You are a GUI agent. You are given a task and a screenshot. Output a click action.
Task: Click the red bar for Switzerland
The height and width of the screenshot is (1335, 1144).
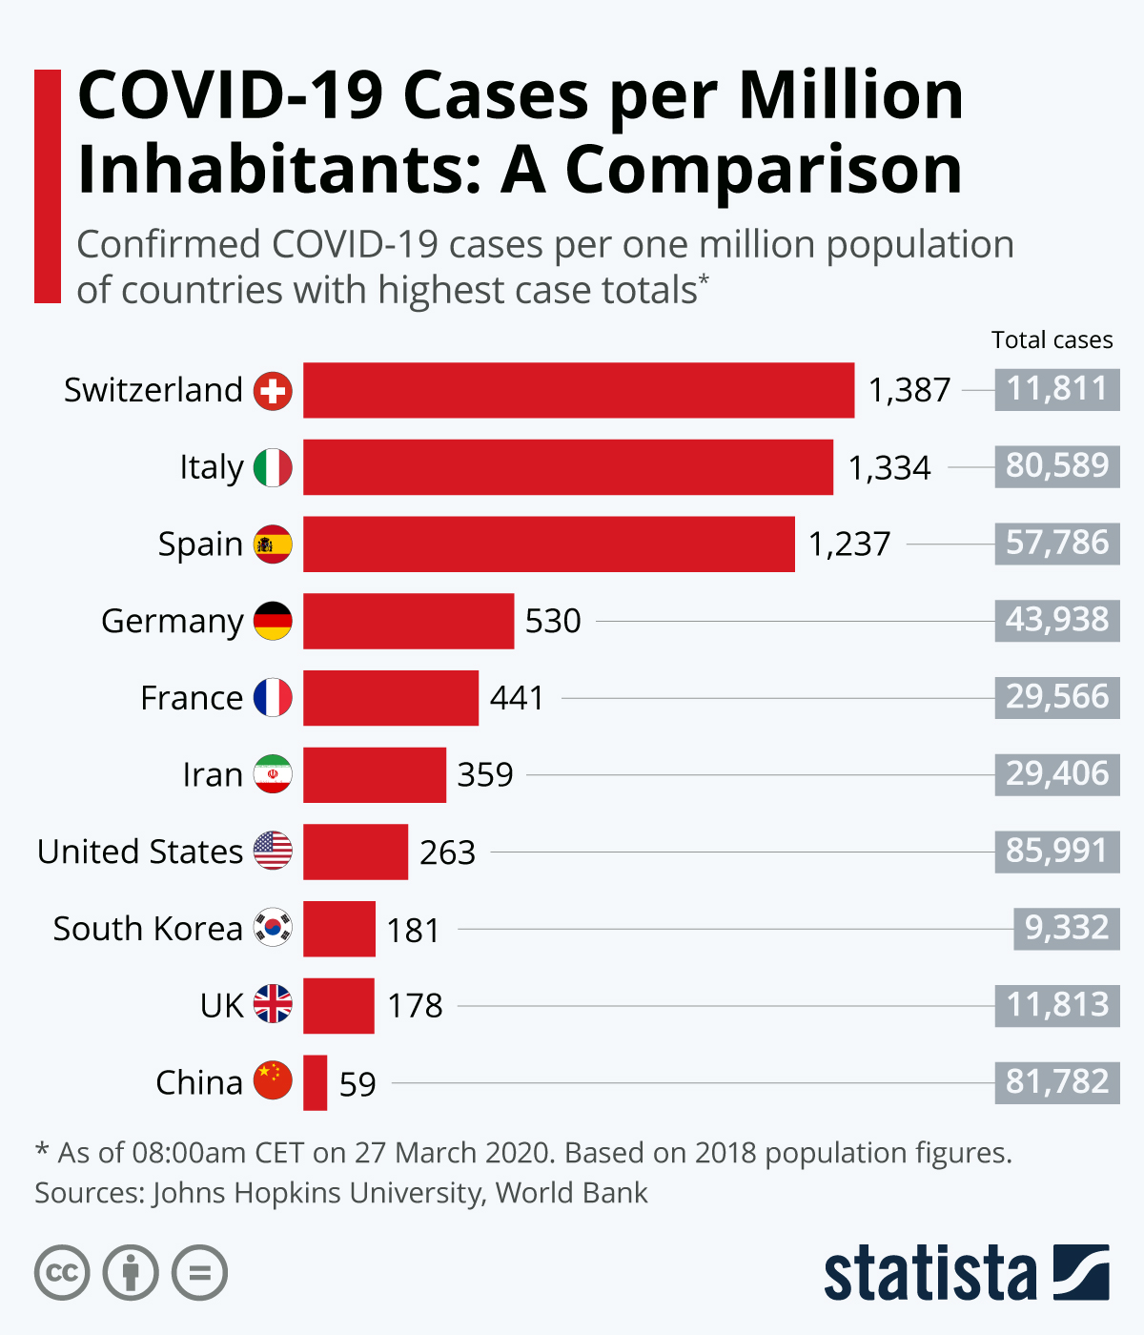[579, 390]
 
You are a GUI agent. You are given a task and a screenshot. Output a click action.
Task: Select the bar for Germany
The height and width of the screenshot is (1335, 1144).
[408, 621]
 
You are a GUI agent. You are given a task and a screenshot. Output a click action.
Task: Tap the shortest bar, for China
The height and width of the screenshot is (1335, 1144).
[315, 1082]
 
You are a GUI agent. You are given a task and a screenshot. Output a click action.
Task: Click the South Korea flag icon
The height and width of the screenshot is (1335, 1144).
[273, 928]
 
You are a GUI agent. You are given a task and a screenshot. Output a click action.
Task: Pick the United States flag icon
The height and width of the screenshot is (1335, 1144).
[273, 851]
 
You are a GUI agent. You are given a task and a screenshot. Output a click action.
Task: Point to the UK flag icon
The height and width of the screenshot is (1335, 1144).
[273, 1004]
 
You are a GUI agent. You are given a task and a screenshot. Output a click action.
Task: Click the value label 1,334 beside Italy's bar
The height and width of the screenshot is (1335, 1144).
[889, 467]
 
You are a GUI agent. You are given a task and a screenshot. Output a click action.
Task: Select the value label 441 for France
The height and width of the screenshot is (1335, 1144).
[517, 698]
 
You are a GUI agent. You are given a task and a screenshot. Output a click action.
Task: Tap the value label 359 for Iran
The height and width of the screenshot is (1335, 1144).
[484, 774]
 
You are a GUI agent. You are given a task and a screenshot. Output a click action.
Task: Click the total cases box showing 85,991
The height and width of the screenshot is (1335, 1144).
[1056, 851]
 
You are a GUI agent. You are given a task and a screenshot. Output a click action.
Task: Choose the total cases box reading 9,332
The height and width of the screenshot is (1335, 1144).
[1066, 928]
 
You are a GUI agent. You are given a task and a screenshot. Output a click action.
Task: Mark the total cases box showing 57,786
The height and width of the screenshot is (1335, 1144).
[1056, 544]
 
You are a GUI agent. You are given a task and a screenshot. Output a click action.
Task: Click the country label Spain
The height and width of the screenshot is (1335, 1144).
[200, 544]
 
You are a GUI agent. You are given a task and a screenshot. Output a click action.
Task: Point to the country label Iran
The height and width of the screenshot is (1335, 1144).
[213, 774]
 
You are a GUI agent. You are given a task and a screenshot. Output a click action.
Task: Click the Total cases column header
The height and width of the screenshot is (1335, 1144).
[1052, 340]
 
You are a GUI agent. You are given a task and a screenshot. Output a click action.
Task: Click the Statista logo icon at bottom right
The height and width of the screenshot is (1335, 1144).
[1081, 1272]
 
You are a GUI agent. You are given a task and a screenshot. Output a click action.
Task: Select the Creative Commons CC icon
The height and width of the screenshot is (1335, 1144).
[62, 1273]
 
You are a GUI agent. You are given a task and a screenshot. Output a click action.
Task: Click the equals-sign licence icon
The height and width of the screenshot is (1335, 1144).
[200, 1273]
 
